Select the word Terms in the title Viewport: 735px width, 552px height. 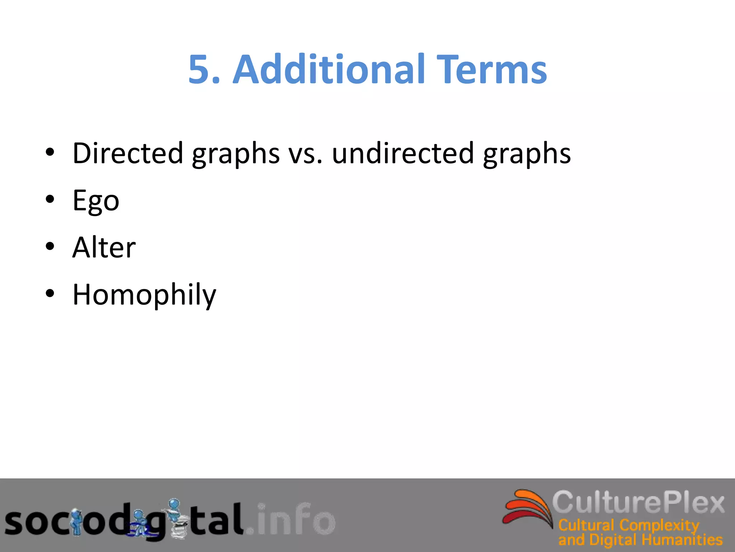point(493,69)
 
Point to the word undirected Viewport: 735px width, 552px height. point(403,153)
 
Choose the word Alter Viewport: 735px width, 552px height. point(104,248)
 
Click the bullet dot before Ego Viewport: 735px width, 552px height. point(50,199)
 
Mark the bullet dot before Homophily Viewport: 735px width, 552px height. point(50,294)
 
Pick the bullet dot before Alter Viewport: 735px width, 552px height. point(50,247)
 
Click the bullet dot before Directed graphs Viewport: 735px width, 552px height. point(50,152)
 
